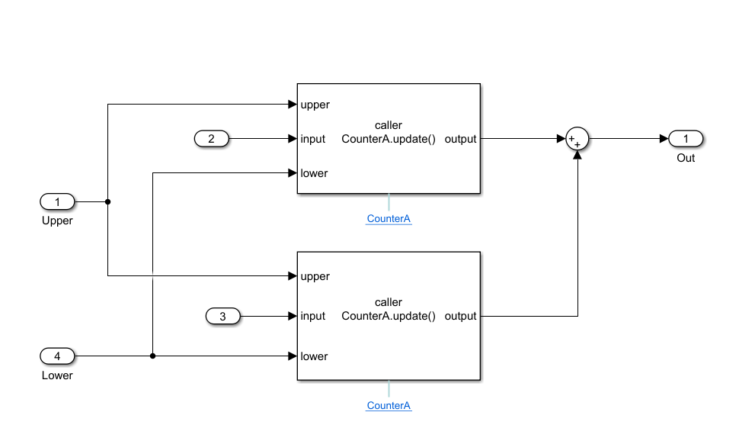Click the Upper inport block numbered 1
tap(57, 202)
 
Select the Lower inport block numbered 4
tap(57, 356)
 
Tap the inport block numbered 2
tap(212, 139)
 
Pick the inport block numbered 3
tap(223, 316)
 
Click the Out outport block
tap(686, 139)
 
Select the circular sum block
tap(577, 139)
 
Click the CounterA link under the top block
tap(389, 219)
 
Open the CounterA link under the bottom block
tap(389, 406)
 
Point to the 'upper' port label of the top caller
tap(315, 105)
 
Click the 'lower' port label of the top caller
tap(314, 173)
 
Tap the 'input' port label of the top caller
tap(313, 139)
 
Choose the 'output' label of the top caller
tap(460, 139)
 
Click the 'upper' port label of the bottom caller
tap(315, 276)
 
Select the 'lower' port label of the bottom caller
tap(314, 356)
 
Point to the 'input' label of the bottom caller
tap(313, 316)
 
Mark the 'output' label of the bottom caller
tap(460, 316)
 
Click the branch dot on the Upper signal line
tap(107, 202)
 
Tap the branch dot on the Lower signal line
tap(153, 356)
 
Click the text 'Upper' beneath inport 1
tap(57, 221)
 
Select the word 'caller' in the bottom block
tap(389, 302)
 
